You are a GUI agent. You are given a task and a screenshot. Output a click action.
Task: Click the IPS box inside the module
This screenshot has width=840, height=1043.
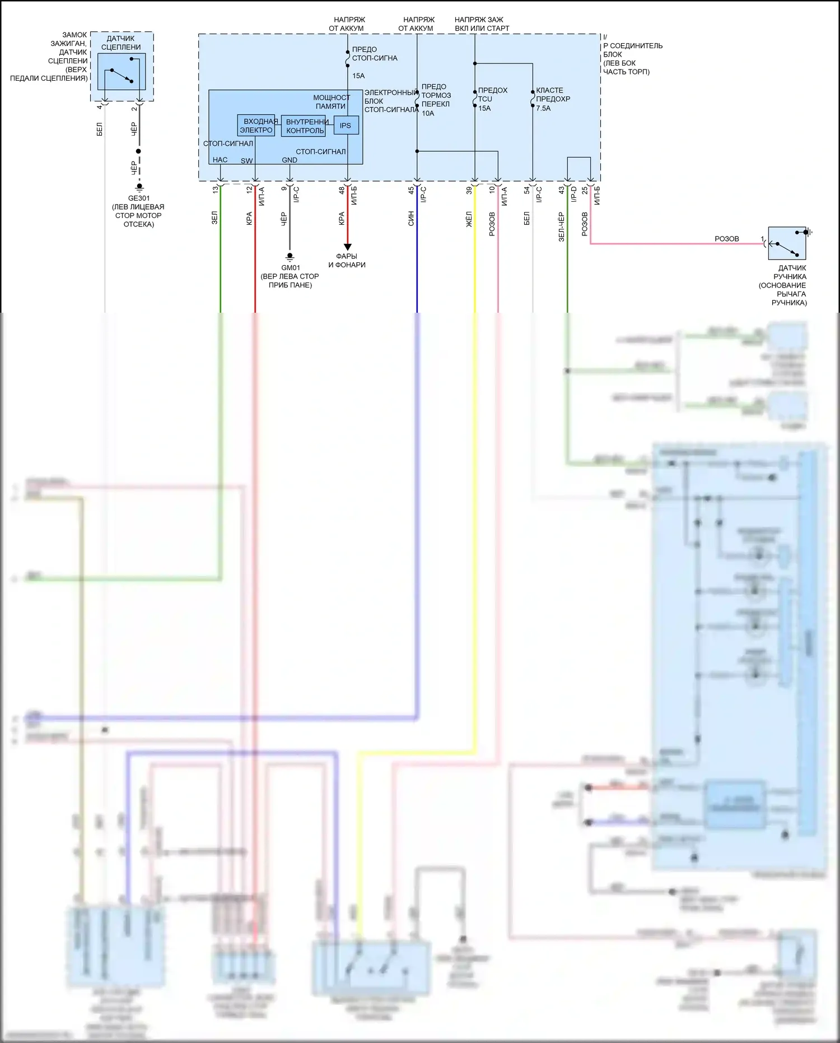346,126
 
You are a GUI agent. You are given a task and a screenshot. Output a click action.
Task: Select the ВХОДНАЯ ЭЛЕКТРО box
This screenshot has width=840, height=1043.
256,126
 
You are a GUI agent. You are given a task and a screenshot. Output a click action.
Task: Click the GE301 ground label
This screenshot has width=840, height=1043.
139,198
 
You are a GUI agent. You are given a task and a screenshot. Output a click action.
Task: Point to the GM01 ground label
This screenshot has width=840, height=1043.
291,268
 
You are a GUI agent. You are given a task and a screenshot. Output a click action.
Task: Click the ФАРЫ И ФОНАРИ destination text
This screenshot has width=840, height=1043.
347,261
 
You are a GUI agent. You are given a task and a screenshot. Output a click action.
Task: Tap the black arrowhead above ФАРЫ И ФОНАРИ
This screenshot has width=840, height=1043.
347,247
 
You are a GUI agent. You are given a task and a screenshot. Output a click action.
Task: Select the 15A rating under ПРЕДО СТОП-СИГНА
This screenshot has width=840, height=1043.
358,76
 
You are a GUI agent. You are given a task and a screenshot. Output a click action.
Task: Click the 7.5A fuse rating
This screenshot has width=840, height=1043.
543,108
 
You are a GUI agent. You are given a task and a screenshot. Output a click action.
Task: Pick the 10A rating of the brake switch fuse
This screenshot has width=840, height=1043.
428,113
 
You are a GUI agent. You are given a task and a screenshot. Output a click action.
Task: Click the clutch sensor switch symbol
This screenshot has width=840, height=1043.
122,72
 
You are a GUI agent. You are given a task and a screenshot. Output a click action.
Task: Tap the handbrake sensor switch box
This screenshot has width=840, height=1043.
787,243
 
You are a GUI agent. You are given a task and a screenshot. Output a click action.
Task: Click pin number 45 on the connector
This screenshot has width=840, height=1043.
411,191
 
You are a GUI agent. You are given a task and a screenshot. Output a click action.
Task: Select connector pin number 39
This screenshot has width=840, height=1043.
469,191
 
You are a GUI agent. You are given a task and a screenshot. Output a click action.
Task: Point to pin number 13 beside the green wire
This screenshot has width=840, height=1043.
215,190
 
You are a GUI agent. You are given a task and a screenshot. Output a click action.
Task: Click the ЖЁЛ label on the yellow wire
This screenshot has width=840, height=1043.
469,219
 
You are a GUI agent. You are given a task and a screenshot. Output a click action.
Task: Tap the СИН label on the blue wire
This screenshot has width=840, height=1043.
411,219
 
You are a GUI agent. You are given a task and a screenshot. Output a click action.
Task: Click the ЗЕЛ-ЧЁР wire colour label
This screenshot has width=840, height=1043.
561,227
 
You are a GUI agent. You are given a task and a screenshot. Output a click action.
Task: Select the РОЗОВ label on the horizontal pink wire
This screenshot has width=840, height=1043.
726,239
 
